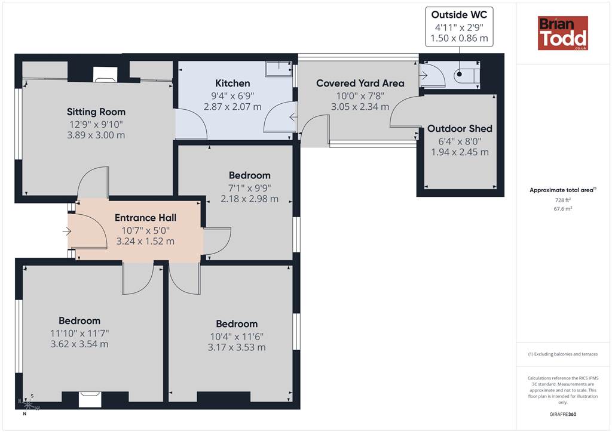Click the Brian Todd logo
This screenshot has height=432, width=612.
[563, 33]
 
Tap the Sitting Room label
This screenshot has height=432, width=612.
[96, 112]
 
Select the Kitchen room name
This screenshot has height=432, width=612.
[232, 83]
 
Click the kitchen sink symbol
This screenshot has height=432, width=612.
[279, 69]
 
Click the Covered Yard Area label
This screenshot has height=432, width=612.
[360, 83]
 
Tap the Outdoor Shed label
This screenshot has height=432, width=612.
[460, 128]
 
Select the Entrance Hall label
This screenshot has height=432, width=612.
[146, 217]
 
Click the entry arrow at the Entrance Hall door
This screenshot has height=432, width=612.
[67, 232]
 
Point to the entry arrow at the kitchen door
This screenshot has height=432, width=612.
[293, 117]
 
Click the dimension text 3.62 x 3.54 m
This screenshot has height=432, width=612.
[79, 344]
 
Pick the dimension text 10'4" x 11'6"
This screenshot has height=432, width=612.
[237, 336]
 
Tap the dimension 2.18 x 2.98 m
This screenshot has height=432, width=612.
[250, 199]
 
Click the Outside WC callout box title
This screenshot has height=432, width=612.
[459, 15]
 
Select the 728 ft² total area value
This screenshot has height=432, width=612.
[563, 200]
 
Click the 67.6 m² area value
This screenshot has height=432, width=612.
[563, 209]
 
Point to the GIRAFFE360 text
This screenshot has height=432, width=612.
[563, 414]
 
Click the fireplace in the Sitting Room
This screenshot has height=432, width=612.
[105, 75]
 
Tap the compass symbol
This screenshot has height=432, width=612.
[29, 405]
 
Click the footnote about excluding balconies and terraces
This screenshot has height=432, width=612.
[563, 354]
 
